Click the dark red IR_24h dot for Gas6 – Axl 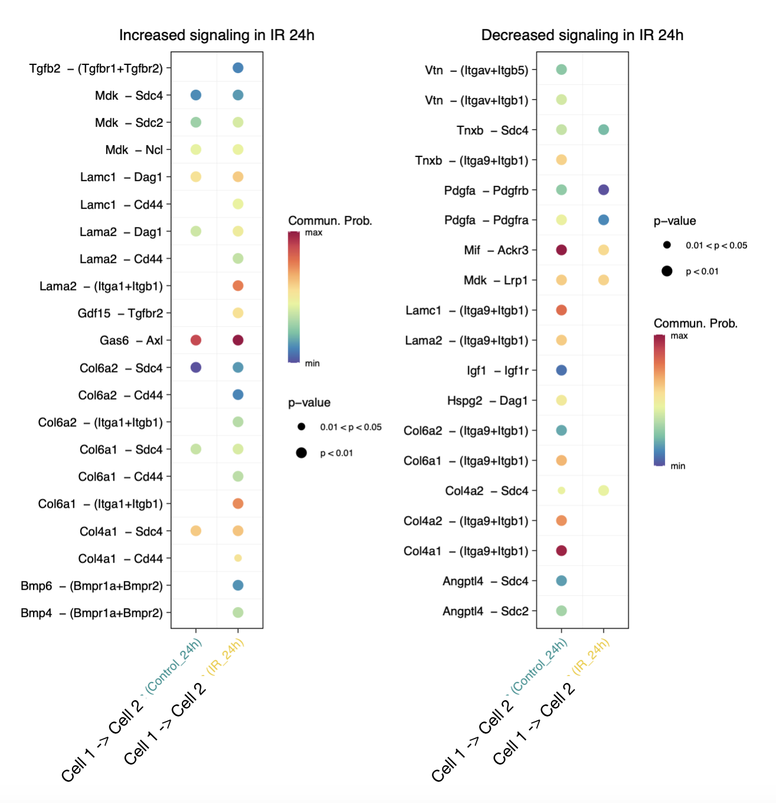238,340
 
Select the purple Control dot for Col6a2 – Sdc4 196,367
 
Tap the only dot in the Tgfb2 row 238,68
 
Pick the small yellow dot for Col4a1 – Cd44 238,558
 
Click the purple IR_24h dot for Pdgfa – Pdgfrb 604,190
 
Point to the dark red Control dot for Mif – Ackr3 562,250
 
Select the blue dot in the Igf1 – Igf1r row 562,370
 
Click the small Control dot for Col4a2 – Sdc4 562,491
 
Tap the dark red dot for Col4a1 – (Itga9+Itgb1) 562,550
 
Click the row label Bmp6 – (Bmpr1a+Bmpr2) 92,586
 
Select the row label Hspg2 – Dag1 487,401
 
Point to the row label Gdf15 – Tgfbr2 120,313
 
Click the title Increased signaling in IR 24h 217,35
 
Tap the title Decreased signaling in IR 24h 582,35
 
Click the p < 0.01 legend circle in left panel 301,453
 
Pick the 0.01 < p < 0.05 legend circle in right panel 667,245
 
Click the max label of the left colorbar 314,233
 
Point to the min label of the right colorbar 678,466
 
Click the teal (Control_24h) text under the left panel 174,666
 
